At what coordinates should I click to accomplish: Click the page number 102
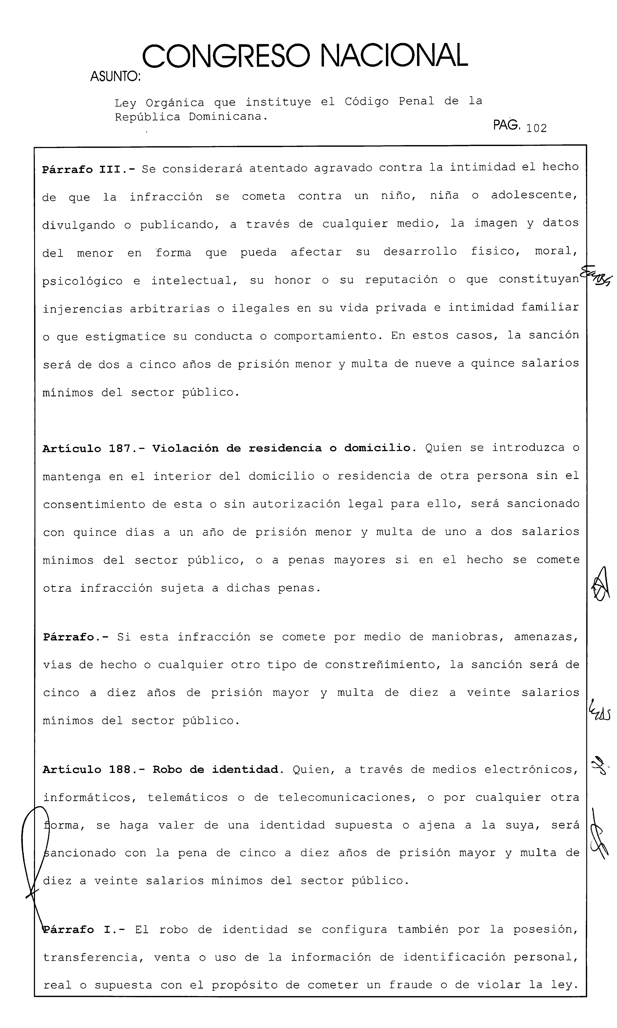coord(536,128)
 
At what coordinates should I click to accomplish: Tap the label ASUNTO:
coord(115,77)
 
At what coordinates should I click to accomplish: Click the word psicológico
coord(82,281)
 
